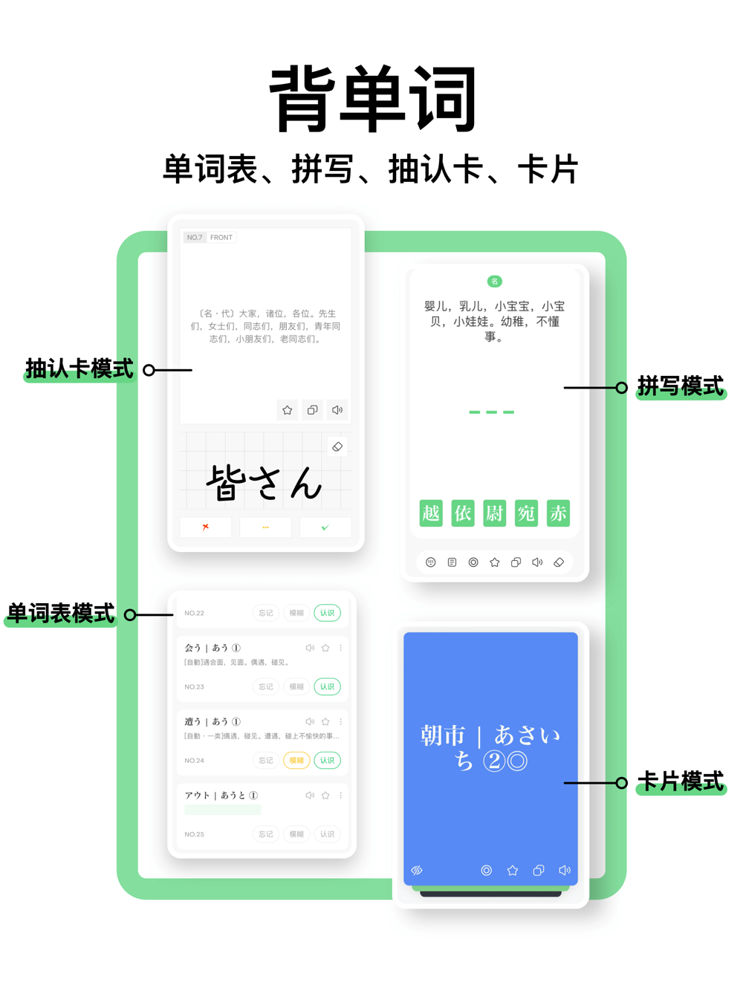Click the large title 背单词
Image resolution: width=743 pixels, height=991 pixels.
[x=373, y=99]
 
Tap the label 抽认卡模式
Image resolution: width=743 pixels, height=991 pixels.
[x=80, y=368]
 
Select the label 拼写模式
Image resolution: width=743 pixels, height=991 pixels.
[x=680, y=386]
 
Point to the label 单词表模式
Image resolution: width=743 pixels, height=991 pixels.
[x=61, y=614]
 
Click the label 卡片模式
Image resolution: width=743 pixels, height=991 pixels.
[x=680, y=782]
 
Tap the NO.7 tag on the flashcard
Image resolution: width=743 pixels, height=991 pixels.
[x=195, y=238]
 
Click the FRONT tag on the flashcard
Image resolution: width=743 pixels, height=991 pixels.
[x=221, y=238]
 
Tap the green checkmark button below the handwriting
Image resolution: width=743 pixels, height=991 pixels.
[x=325, y=527]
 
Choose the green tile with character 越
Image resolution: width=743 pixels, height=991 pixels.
[x=431, y=513]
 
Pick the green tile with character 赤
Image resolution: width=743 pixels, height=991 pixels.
[x=558, y=513]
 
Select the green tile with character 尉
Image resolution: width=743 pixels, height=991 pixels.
[x=494, y=513]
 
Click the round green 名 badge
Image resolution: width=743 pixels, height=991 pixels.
[x=494, y=281]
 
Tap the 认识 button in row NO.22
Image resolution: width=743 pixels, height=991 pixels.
[x=327, y=613]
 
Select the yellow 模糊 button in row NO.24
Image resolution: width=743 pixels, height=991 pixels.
[x=296, y=760]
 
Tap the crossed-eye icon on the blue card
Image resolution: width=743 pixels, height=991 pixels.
[x=417, y=870]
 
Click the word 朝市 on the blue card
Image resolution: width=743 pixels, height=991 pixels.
[x=443, y=736]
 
